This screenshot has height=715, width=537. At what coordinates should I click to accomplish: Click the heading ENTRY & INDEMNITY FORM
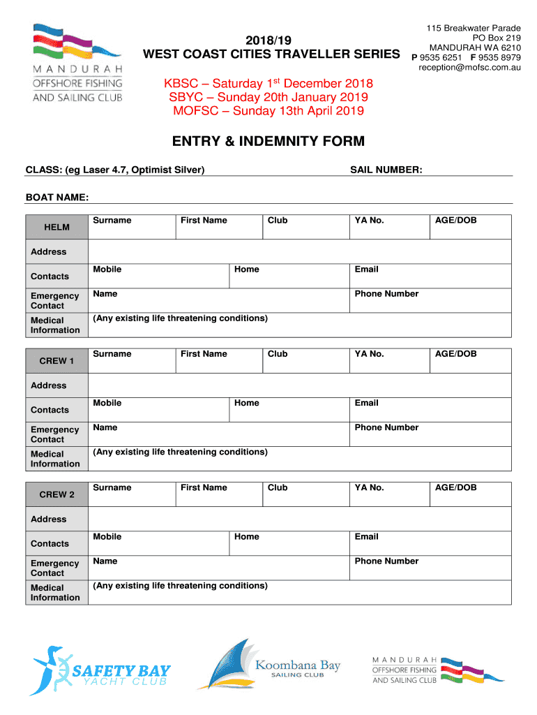(268, 142)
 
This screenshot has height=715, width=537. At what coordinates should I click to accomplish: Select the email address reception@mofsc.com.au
(469, 68)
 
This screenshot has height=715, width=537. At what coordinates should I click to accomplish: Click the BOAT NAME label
(57, 198)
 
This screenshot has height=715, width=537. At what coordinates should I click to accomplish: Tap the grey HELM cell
(57, 227)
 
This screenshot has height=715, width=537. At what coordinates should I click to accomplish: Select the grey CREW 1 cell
(57, 361)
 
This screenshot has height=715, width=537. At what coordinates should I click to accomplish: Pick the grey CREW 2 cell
(57, 494)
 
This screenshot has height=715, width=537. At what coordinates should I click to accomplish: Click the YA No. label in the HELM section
(369, 221)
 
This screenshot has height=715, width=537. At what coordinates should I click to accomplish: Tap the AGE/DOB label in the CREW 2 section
(455, 487)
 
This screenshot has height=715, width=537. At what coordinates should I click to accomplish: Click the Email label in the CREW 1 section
(366, 403)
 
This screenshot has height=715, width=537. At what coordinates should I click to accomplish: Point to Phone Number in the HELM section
(386, 294)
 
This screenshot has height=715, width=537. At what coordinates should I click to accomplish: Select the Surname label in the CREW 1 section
(112, 354)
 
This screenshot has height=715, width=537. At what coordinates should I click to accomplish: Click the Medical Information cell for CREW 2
(56, 593)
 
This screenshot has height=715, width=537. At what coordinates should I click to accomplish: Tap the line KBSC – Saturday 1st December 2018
(268, 83)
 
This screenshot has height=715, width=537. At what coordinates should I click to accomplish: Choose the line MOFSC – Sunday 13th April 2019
(268, 111)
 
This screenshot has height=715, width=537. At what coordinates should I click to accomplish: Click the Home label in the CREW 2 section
(247, 537)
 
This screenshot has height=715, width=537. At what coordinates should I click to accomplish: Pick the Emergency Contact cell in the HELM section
(55, 301)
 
